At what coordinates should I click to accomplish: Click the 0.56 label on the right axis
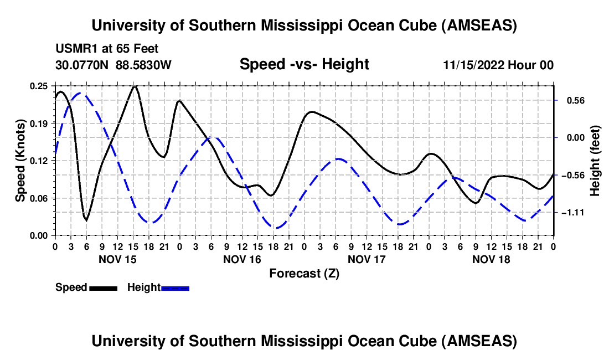[x=571, y=101]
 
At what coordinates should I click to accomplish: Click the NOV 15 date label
[x=117, y=259]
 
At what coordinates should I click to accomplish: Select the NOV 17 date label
[x=367, y=259]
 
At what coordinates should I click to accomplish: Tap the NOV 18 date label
[x=491, y=259]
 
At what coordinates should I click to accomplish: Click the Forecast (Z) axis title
[x=304, y=273]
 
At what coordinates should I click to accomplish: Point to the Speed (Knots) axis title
[x=20, y=161]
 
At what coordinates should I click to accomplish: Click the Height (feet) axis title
[x=595, y=161]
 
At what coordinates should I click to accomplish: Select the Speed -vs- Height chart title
[x=304, y=65]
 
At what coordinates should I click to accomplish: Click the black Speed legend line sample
[x=103, y=288]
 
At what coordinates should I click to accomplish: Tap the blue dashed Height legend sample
[x=176, y=288]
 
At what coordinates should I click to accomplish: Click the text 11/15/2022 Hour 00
[x=498, y=65]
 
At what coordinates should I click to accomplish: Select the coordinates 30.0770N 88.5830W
[x=113, y=65]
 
